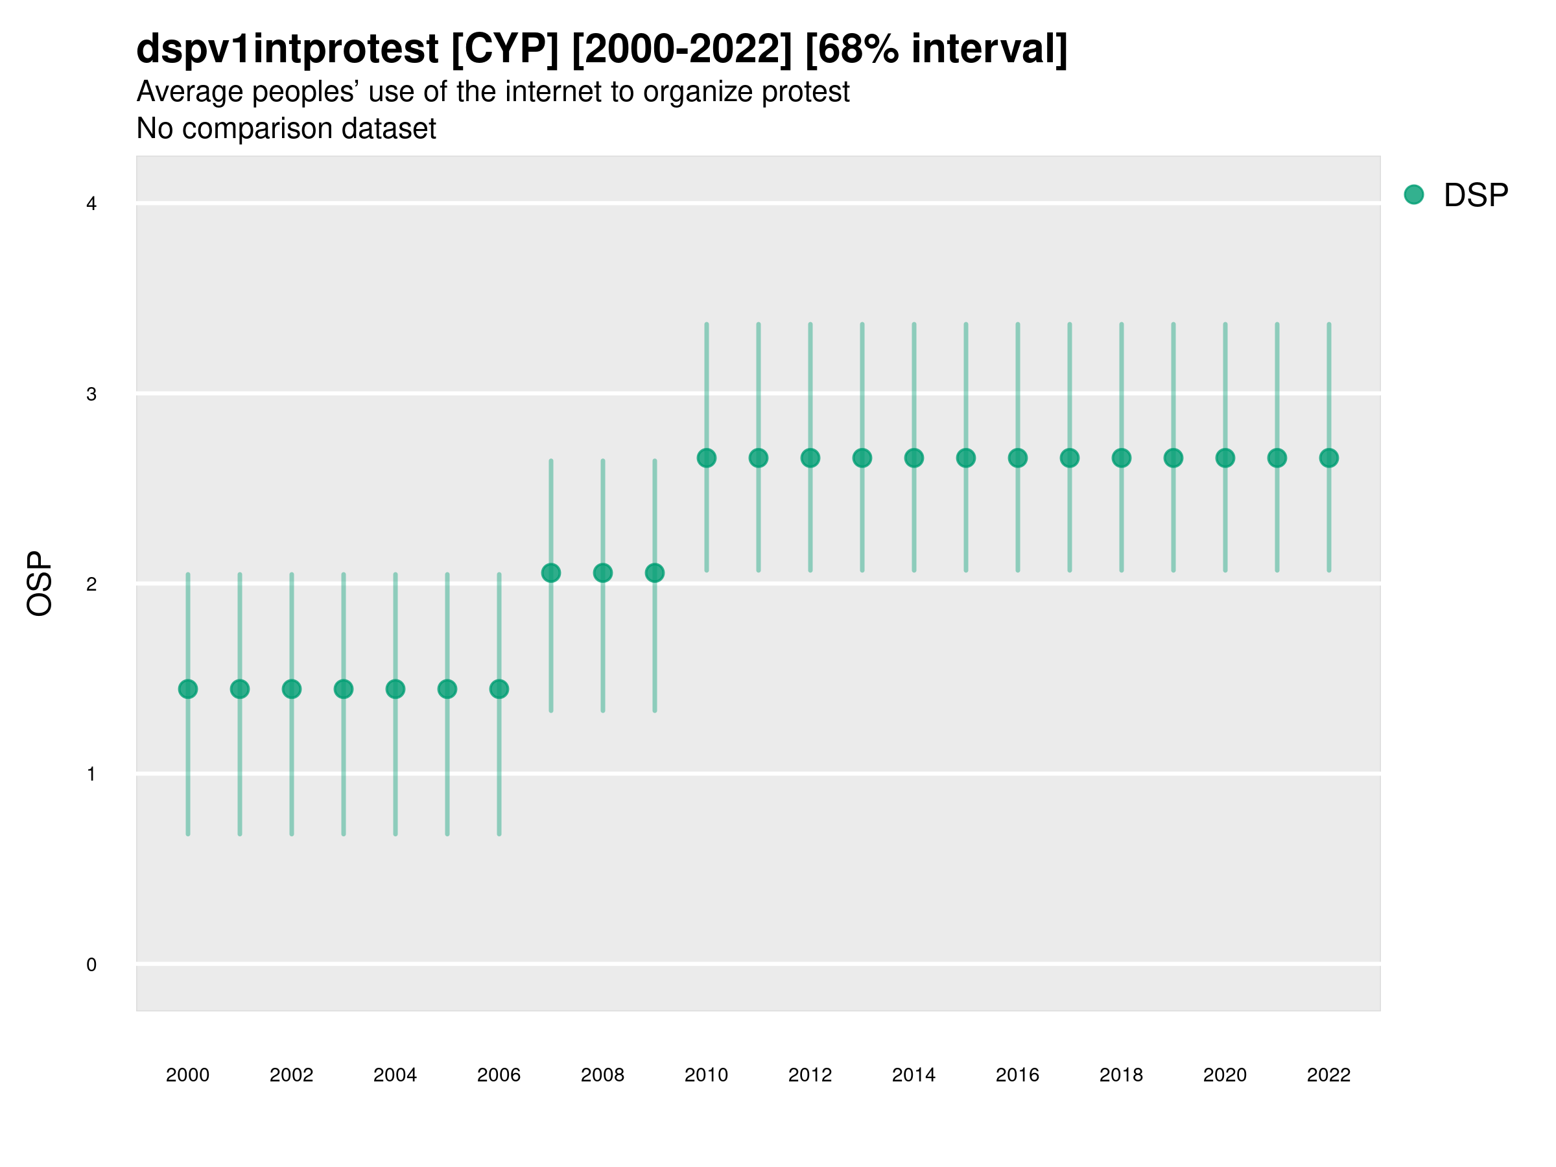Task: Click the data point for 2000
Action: (x=188, y=689)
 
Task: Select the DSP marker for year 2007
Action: (x=551, y=572)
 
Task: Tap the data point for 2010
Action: (x=706, y=458)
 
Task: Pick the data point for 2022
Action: (x=1329, y=458)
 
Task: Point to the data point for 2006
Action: (x=499, y=689)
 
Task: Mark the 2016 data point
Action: (x=1017, y=458)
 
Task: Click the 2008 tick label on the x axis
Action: (x=602, y=1075)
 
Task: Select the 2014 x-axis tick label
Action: (x=914, y=1075)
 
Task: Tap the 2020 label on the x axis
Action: (x=1225, y=1075)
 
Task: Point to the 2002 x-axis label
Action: (x=291, y=1075)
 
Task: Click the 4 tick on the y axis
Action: (x=91, y=204)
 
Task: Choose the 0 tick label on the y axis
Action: (x=91, y=965)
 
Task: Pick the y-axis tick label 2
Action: (x=91, y=584)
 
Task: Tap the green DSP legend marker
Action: (x=1413, y=195)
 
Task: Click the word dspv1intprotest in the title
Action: (x=287, y=49)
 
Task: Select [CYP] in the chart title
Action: (x=504, y=49)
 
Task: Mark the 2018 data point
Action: (x=1121, y=458)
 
